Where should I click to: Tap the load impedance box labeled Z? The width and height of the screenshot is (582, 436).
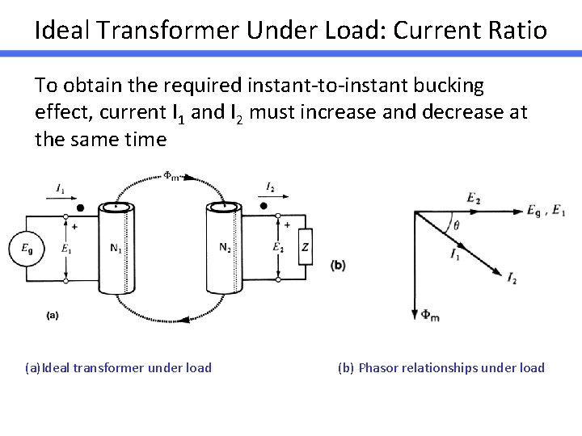[x=304, y=248]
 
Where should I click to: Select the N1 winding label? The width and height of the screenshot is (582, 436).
[x=116, y=248]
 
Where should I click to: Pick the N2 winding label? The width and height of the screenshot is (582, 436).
[x=226, y=247]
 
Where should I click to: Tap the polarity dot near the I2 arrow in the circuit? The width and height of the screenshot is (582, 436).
[x=264, y=206]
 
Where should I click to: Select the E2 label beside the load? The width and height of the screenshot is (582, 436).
[x=278, y=248]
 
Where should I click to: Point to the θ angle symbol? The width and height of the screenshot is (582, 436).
[x=456, y=227]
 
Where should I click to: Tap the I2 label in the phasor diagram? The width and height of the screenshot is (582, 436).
[x=512, y=279]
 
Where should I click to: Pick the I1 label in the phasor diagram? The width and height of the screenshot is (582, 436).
[x=456, y=254]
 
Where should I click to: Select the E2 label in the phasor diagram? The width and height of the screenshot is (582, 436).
[x=475, y=198]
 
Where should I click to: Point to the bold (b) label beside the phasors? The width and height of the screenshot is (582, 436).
[x=339, y=265]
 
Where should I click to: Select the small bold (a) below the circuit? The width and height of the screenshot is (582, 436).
[x=52, y=316]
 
